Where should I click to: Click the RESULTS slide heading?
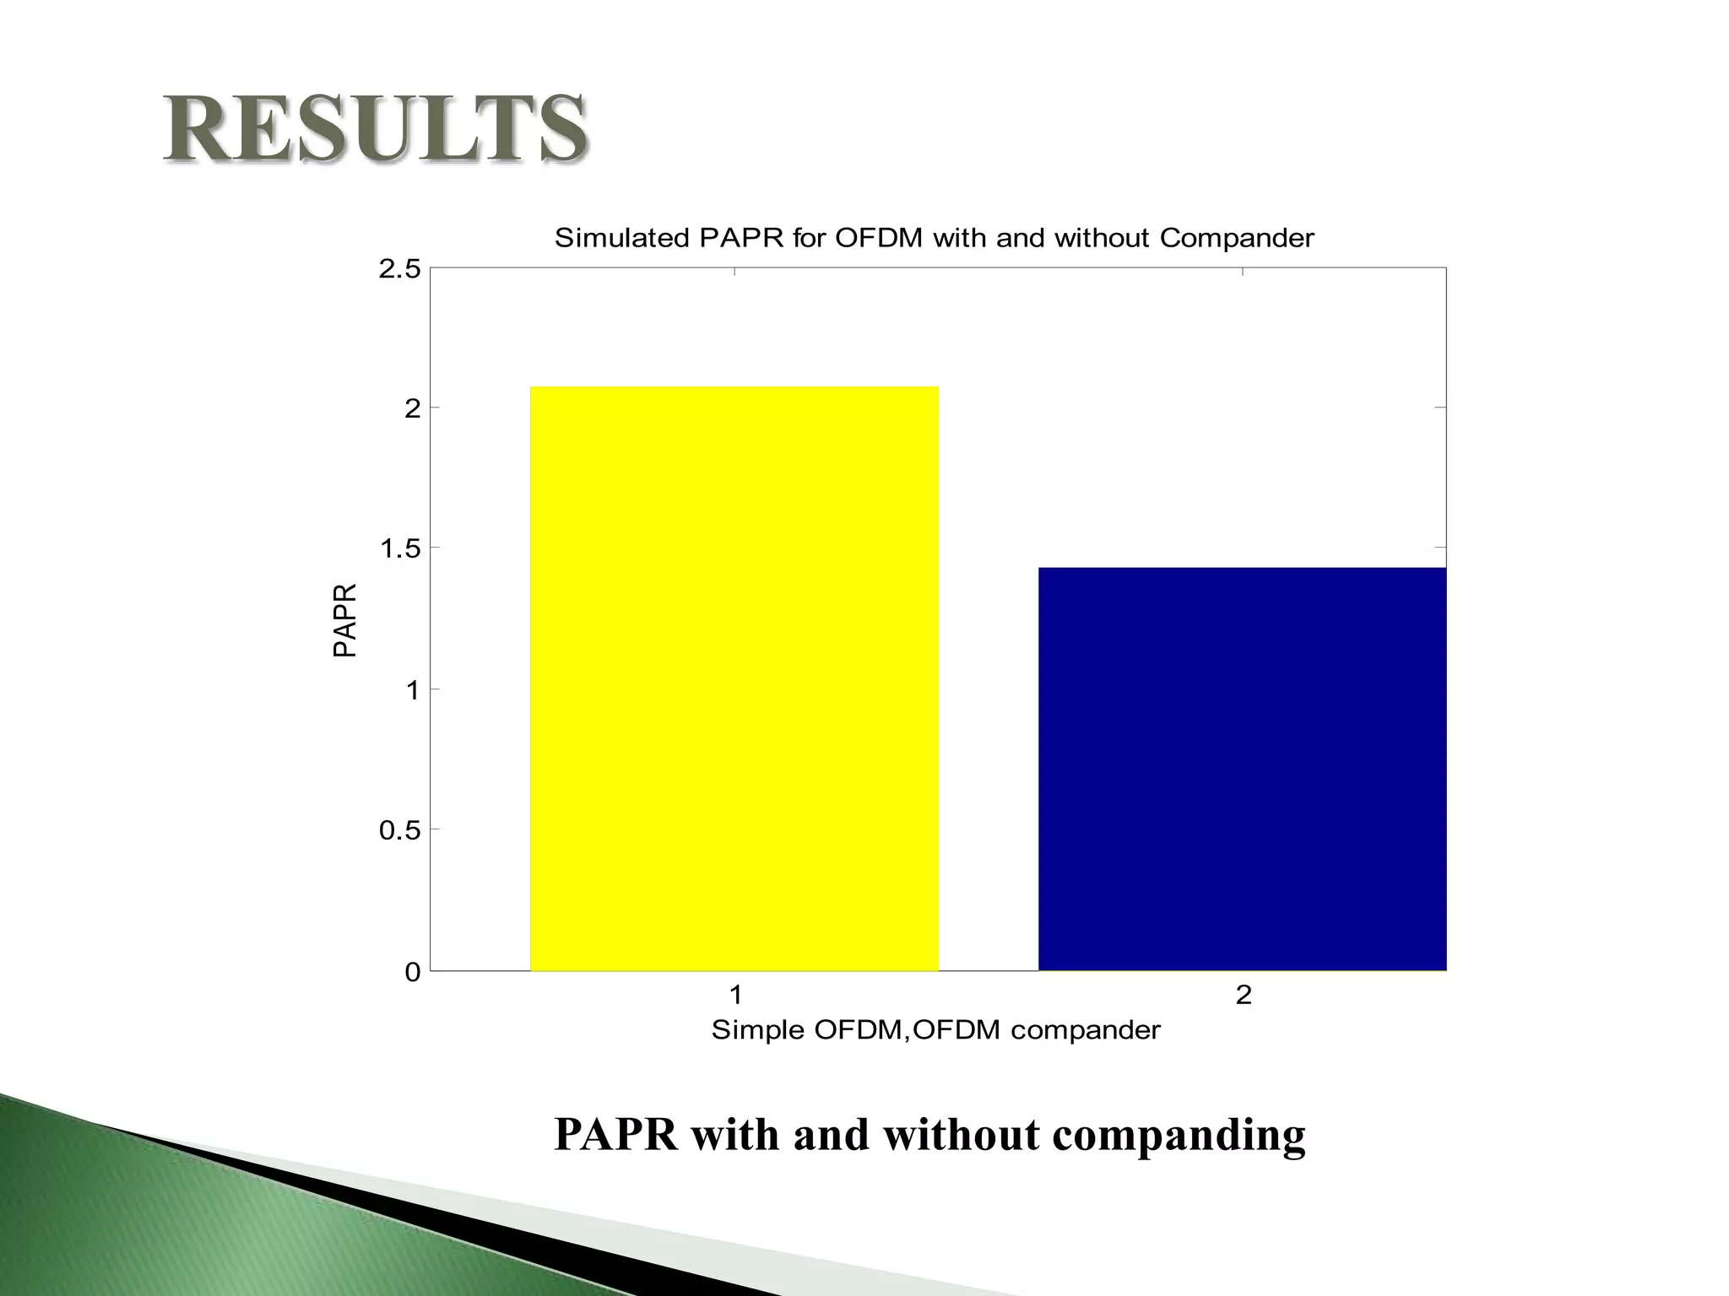(x=376, y=128)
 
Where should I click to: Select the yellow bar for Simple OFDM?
(x=734, y=678)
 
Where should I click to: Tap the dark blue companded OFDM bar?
(x=1242, y=769)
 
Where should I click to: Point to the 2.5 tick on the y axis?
(x=399, y=269)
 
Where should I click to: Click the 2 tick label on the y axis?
(x=412, y=409)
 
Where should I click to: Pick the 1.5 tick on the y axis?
(x=399, y=549)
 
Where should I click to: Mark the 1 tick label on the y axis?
(x=412, y=690)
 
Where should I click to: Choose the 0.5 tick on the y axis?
(x=399, y=830)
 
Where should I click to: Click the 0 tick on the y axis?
(x=412, y=972)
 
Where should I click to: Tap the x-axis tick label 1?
(x=735, y=996)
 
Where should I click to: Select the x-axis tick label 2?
(x=1243, y=996)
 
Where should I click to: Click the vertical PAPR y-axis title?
(x=345, y=620)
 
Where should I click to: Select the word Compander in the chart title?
(x=1236, y=238)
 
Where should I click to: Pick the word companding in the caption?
(x=1179, y=1136)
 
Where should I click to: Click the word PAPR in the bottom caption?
(x=616, y=1134)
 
